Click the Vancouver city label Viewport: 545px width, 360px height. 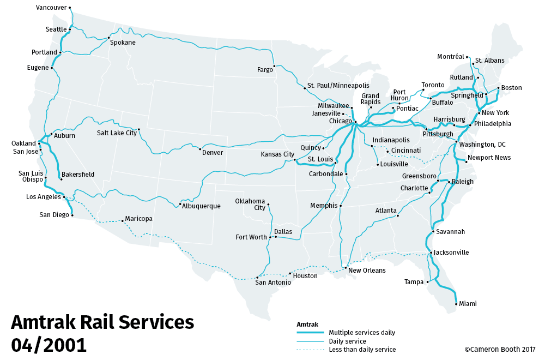click(x=51, y=8)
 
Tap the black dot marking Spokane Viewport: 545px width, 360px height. click(x=109, y=38)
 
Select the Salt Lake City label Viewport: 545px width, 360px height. click(x=117, y=133)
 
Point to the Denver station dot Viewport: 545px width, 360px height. click(x=201, y=149)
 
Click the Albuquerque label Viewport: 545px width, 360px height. click(x=201, y=206)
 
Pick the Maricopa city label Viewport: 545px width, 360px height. click(x=138, y=219)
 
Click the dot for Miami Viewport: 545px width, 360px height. click(x=456, y=303)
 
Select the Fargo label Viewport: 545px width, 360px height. click(x=265, y=70)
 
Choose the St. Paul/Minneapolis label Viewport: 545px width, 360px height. click(x=338, y=86)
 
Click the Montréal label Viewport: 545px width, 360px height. click(x=450, y=57)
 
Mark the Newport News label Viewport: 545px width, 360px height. click(x=489, y=158)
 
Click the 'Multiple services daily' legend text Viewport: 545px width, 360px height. click(x=362, y=332)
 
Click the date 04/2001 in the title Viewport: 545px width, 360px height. click(x=49, y=345)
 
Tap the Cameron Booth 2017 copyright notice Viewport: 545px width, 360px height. click(x=500, y=349)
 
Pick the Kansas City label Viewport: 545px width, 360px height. click(x=277, y=154)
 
